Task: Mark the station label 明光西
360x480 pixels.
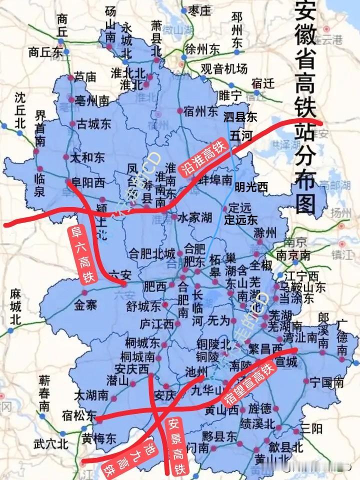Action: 251,187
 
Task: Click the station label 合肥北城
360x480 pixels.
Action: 152,253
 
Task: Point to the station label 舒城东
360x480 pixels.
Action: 143,306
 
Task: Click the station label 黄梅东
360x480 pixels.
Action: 99,438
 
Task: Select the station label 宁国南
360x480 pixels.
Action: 326,383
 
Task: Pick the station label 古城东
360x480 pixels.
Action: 93,124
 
